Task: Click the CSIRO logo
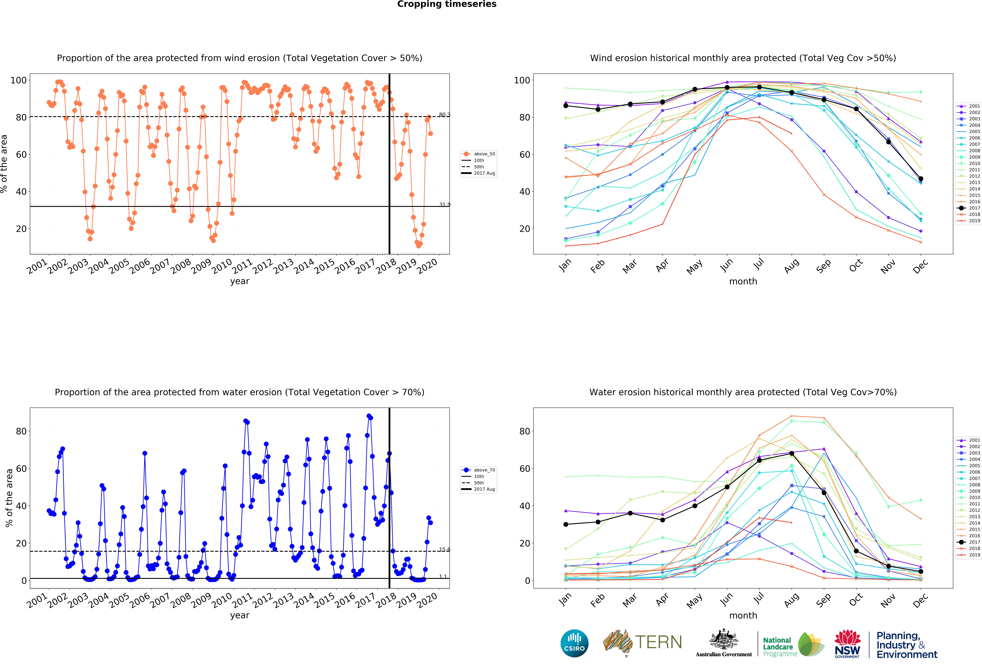pos(574,643)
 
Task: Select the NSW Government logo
pos(847,644)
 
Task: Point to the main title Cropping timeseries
pos(447,4)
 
